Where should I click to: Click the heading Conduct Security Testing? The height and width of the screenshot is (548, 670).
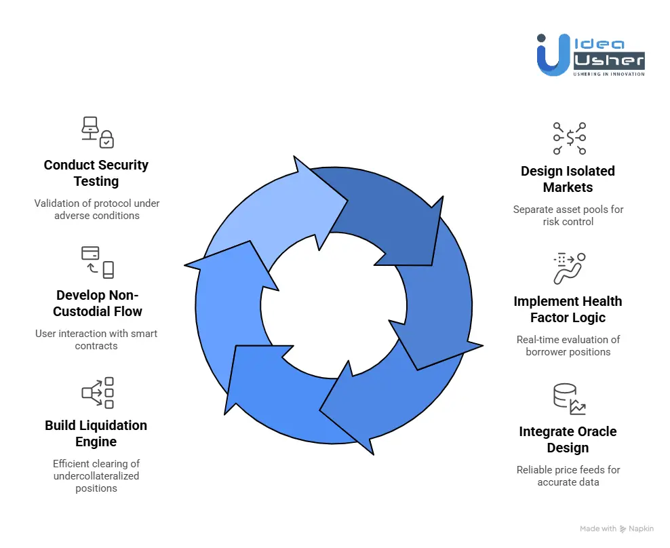click(x=96, y=173)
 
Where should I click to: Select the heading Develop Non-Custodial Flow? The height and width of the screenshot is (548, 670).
click(x=99, y=303)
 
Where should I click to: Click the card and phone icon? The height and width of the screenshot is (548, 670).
click(x=97, y=262)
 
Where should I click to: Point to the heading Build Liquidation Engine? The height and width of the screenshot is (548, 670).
click(x=96, y=433)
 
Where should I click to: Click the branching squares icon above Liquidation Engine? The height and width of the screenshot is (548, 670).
click(x=97, y=393)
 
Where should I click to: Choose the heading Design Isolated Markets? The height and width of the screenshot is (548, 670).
click(x=568, y=179)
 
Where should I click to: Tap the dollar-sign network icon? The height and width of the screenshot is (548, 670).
click(x=569, y=138)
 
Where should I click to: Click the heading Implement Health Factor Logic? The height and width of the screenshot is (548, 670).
click(x=568, y=309)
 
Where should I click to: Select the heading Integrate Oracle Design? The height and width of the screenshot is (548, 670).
click(x=568, y=439)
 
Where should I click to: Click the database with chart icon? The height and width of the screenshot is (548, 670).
click(x=569, y=399)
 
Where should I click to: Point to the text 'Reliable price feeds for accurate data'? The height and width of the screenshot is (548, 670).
click(x=568, y=475)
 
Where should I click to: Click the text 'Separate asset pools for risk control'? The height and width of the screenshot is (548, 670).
click(x=568, y=215)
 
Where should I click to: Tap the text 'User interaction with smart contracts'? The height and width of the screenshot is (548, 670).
click(x=96, y=339)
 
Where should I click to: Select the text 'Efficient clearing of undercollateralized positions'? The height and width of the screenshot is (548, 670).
click(x=96, y=476)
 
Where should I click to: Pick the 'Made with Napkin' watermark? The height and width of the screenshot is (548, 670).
click(x=616, y=528)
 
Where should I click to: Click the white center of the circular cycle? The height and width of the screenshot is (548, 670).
click(x=332, y=305)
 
